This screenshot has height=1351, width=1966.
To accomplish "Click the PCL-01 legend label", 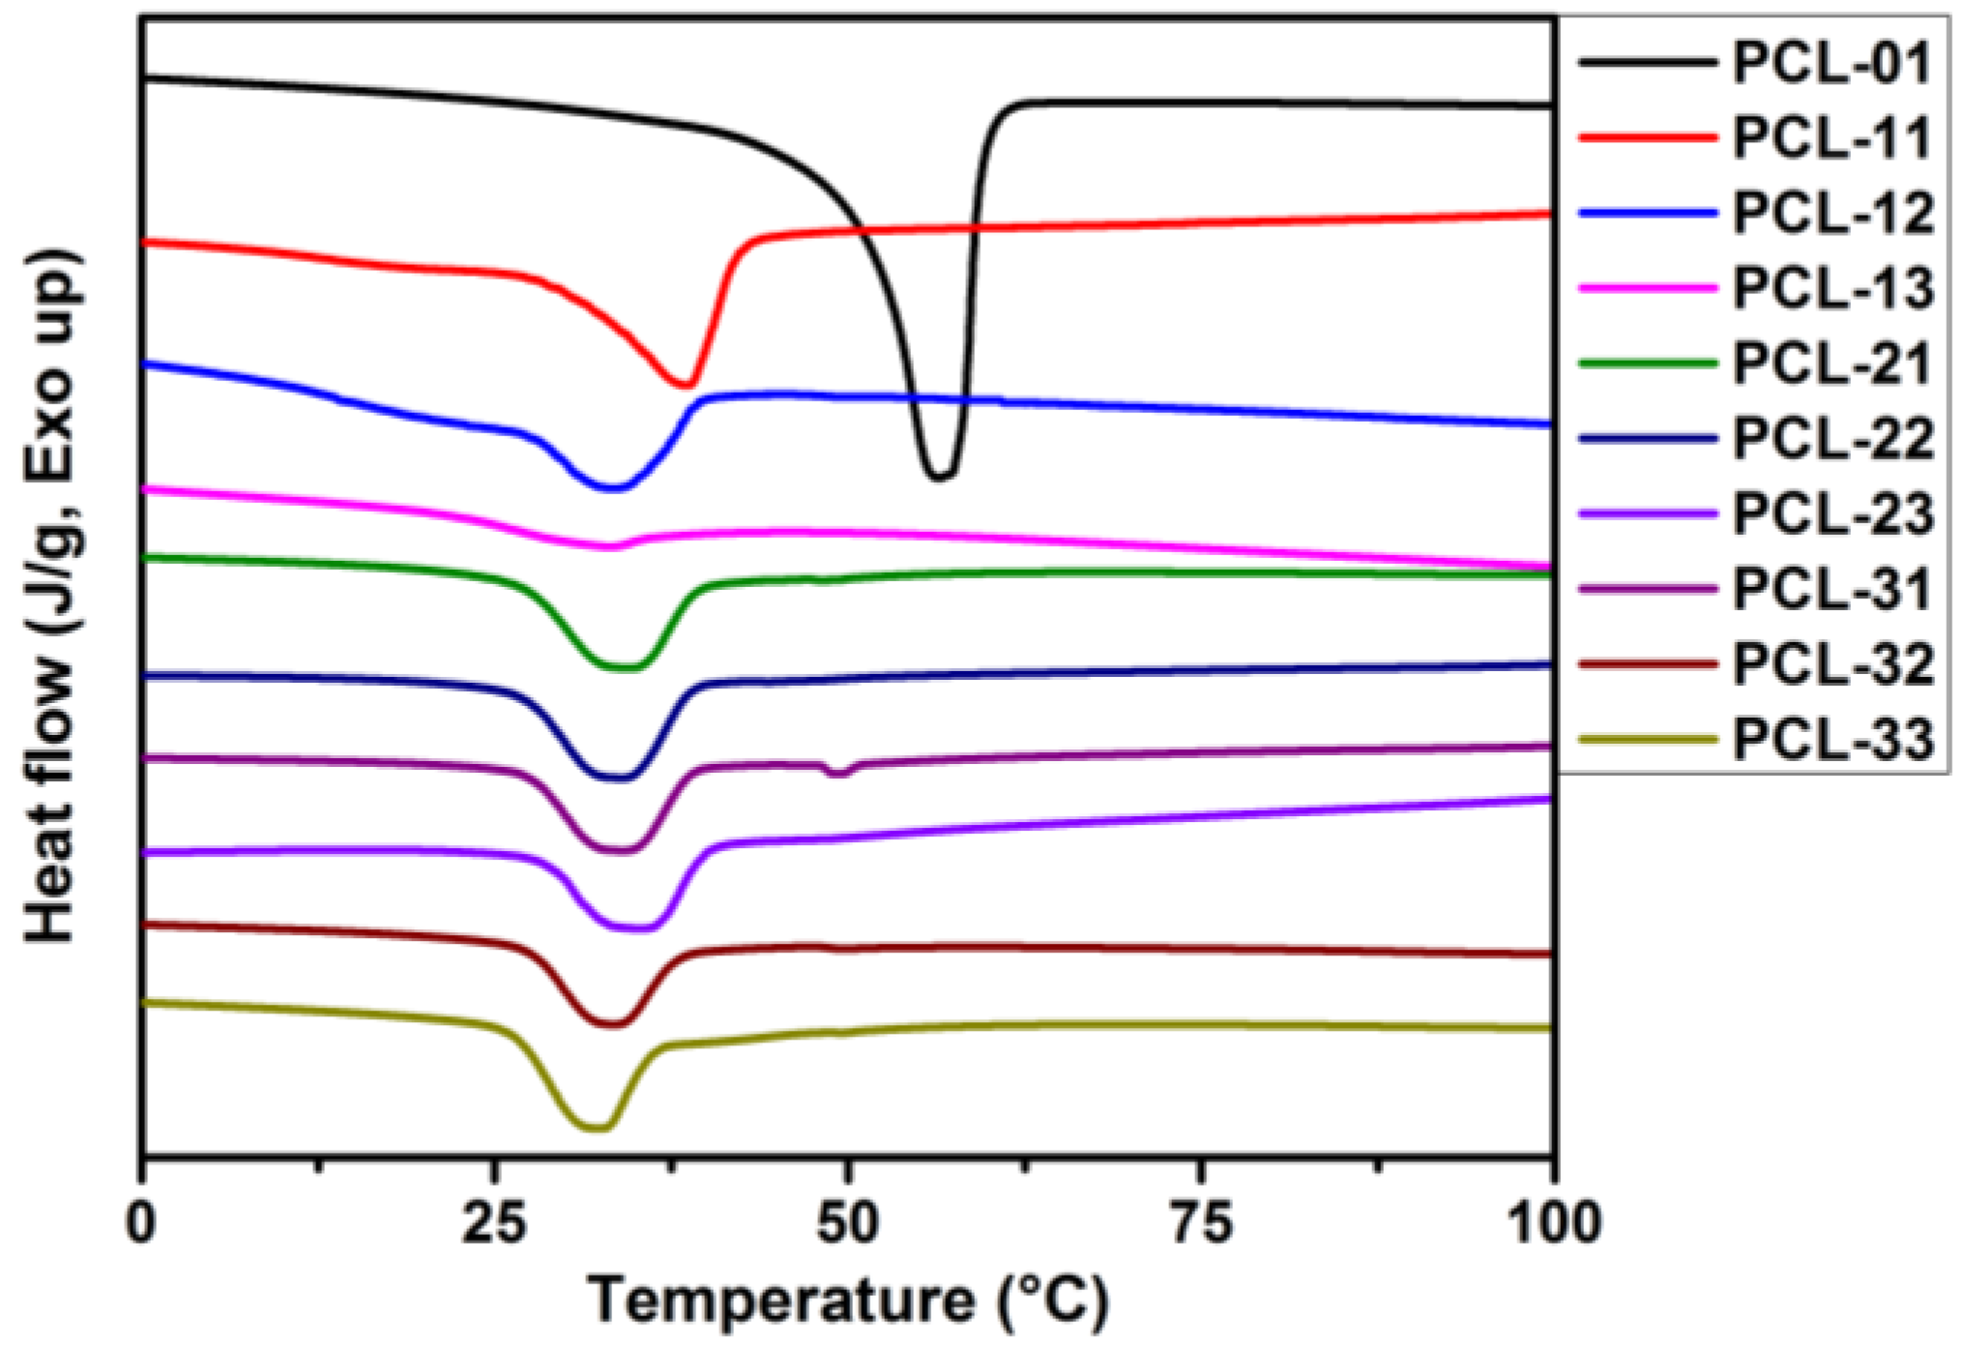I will tap(1832, 64).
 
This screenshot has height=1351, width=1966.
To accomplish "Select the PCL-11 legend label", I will tap(1832, 138).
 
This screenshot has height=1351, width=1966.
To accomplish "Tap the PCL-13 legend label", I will tap(1832, 288).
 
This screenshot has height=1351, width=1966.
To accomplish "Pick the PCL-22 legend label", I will tap(1832, 439).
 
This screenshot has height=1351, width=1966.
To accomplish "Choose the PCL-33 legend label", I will tap(1832, 741).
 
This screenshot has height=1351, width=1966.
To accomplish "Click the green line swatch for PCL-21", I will tap(1647, 364).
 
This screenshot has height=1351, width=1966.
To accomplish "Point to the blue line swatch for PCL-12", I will tap(1647, 213).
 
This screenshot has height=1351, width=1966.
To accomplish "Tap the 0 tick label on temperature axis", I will tap(142, 1223).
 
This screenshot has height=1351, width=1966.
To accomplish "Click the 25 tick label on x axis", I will tap(494, 1223).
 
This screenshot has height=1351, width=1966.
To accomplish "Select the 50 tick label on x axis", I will tap(848, 1223).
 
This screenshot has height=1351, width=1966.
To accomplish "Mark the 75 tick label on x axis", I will tap(1201, 1223).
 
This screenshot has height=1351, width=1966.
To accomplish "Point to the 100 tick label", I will tap(1553, 1223).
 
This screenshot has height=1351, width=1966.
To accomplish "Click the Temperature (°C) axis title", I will tap(848, 1301).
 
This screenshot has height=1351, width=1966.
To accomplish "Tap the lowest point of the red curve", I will tap(685, 385).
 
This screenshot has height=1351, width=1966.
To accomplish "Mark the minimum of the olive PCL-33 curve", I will tap(596, 1128).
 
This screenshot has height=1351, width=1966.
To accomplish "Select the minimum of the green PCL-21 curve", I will tap(624, 667).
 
